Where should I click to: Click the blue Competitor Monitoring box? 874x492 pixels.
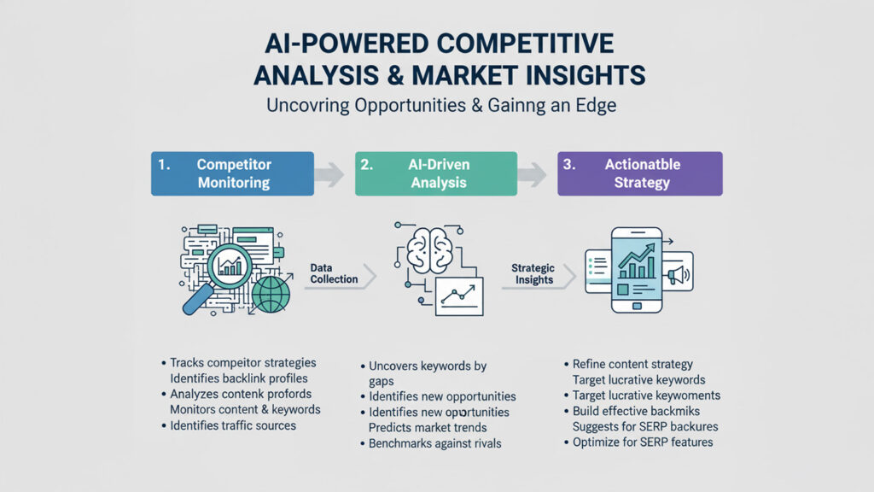(232, 173)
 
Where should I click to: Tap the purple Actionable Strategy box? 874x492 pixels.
(640, 173)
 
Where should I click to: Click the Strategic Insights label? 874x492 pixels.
(533, 273)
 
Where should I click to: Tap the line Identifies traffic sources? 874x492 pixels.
(232, 425)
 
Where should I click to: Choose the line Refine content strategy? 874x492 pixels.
(632, 365)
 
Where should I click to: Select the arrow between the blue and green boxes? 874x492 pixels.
(329, 174)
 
